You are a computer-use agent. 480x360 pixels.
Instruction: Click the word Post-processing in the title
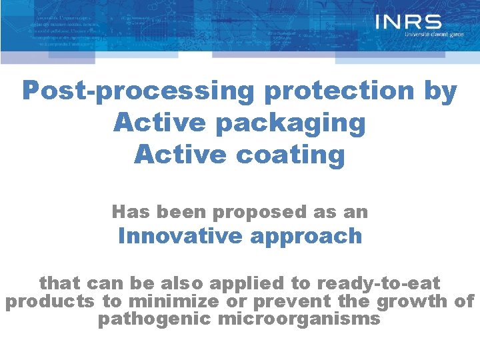click(x=137, y=91)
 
